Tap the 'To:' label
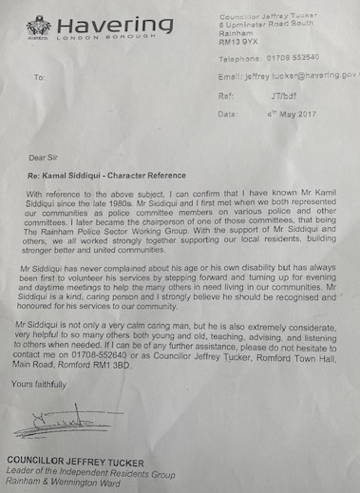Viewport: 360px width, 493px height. pos(39,77)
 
